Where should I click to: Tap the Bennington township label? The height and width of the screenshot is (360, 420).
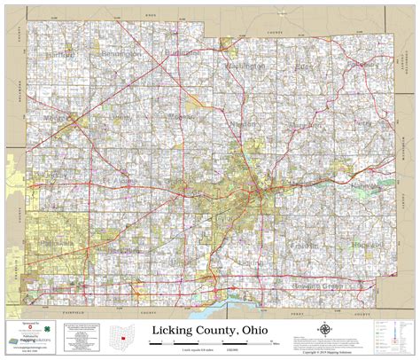tap(120, 54)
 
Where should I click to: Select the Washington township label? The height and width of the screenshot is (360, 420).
tap(245, 67)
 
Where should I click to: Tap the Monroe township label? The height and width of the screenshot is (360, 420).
tap(58, 117)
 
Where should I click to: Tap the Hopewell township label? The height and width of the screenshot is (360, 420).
tap(363, 242)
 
